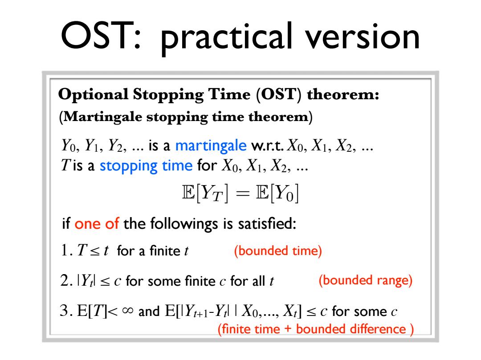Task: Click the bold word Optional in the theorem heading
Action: coord(93,95)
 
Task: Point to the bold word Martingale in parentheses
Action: coord(103,117)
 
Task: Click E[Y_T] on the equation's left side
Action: coord(205,193)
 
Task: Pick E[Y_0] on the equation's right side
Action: coord(277,193)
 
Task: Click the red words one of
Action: coord(97,224)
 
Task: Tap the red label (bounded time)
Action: coord(278,251)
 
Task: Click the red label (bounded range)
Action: coord(365,281)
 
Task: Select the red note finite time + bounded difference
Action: coord(316,329)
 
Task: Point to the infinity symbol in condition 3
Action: coord(128,311)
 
